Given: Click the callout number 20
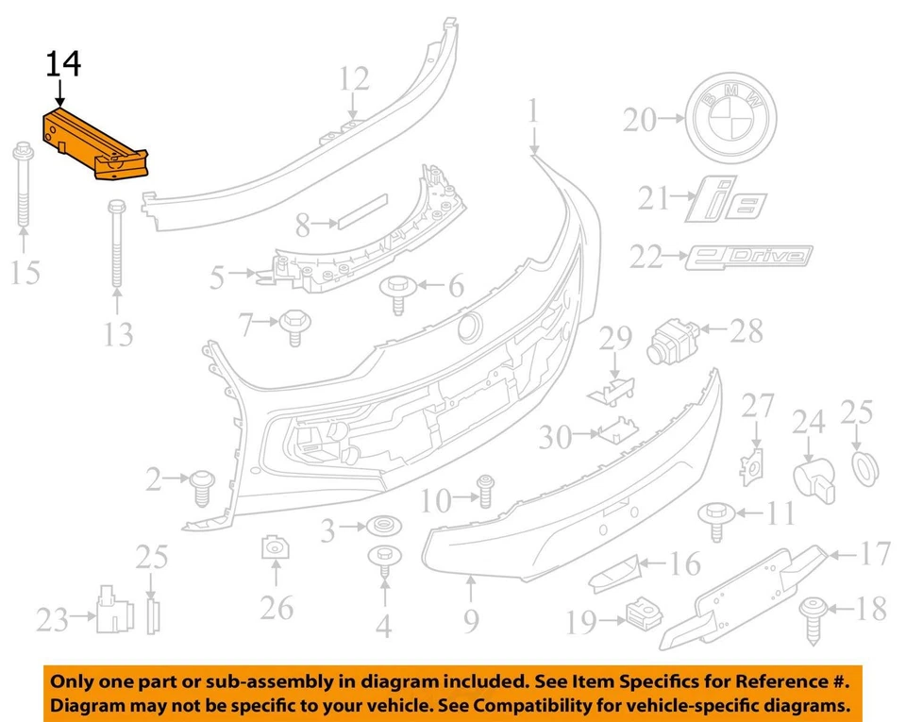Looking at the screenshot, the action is click(x=639, y=120).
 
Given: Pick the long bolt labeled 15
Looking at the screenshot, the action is click(x=24, y=188).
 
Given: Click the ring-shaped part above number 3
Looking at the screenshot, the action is click(x=382, y=526).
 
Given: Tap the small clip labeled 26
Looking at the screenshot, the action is click(x=275, y=547).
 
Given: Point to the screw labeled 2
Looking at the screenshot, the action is click(x=201, y=484).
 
